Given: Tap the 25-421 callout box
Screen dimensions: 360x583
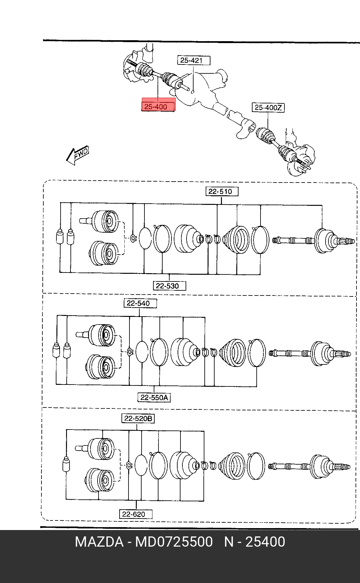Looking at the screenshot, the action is (x=194, y=60).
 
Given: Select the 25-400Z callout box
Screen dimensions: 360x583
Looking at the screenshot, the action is (x=268, y=108).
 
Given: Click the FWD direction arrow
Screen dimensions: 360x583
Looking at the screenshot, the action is (x=77, y=155).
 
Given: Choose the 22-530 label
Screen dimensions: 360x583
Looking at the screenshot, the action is (x=169, y=286).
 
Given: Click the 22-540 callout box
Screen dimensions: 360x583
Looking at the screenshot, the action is (x=140, y=303).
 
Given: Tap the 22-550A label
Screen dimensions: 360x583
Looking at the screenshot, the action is (x=154, y=398).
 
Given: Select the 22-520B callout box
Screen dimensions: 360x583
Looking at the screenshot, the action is (x=138, y=418).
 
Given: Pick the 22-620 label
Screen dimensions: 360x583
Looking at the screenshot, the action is (x=136, y=514).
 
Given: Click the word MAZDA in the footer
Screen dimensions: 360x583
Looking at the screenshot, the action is (x=99, y=542).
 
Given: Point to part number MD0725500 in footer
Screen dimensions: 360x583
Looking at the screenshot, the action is (x=174, y=542).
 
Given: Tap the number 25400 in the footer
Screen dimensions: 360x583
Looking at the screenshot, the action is (x=265, y=542).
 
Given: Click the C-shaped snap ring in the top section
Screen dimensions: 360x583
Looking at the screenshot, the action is (x=134, y=237).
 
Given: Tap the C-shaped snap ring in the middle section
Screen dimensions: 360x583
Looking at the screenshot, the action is (x=130, y=351).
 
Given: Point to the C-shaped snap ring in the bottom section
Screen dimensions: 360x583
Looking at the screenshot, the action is (x=129, y=465).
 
